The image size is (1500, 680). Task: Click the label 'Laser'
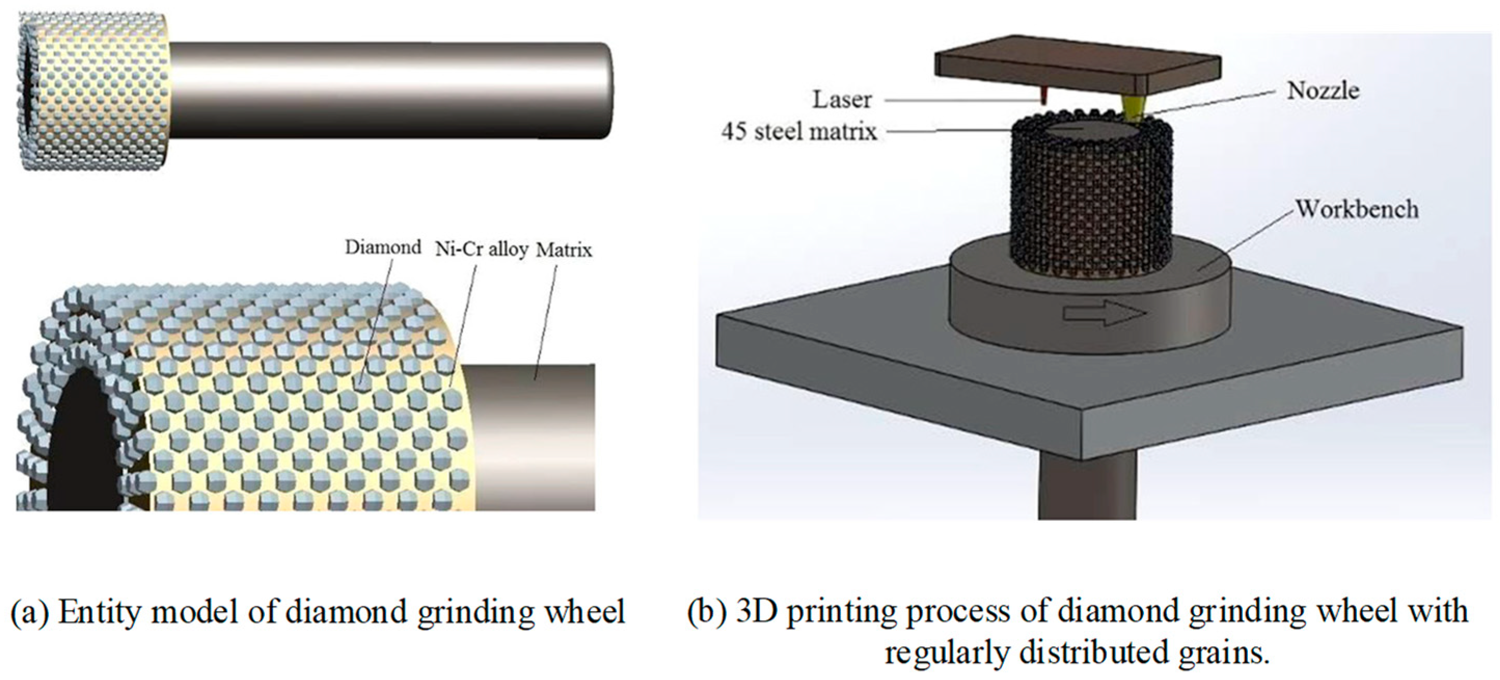coord(842,100)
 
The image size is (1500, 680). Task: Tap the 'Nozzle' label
coord(1323,91)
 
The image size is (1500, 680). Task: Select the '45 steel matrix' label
coord(799,132)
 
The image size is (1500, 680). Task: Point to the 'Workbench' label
coord(1357,210)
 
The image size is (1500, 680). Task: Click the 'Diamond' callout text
coord(382,247)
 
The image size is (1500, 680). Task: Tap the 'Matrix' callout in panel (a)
coord(563,251)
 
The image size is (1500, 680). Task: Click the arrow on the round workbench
coord(1104,314)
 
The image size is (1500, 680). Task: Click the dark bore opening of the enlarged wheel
coord(79,442)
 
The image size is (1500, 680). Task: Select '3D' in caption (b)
coord(756,612)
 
